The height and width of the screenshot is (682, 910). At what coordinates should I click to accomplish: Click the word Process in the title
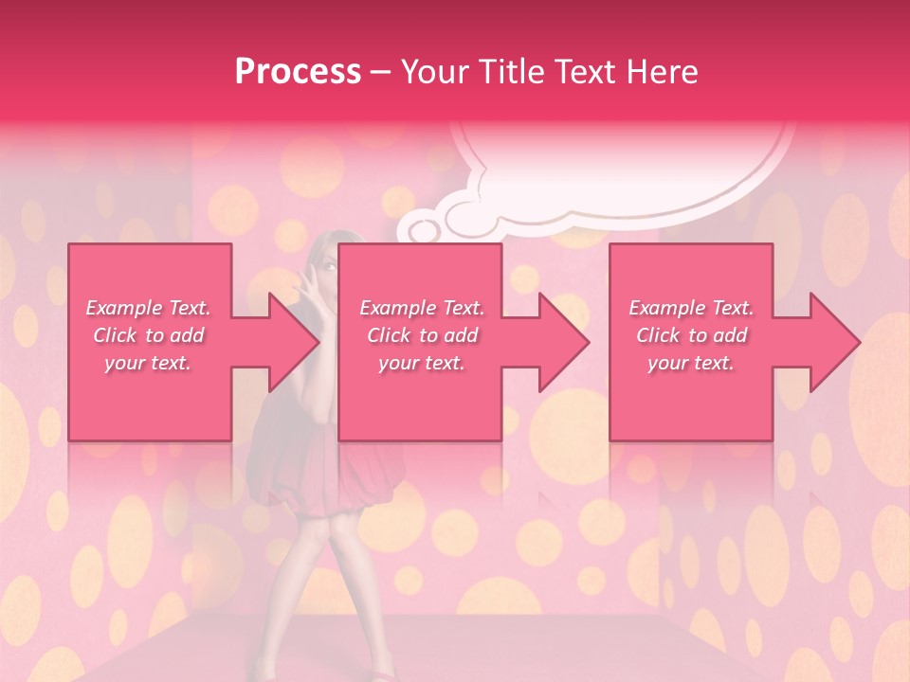click(x=298, y=71)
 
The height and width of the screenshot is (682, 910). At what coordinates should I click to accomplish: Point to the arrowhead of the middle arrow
click(x=563, y=342)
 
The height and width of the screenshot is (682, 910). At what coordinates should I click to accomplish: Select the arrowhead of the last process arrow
click(x=834, y=342)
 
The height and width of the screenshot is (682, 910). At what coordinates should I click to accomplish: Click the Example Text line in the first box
click(x=148, y=308)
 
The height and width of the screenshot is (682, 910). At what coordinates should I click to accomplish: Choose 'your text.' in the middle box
click(x=421, y=363)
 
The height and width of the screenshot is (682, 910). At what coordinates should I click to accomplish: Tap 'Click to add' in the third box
click(x=691, y=335)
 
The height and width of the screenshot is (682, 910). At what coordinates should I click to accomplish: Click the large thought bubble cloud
click(x=626, y=170)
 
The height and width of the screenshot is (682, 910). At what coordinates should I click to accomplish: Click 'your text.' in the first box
click(x=148, y=363)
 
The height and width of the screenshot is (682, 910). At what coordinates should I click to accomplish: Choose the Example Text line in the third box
click(x=691, y=308)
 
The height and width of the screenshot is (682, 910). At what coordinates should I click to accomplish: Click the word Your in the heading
click(x=434, y=71)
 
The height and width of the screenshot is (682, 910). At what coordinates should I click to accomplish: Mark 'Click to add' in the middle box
click(x=421, y=335)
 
